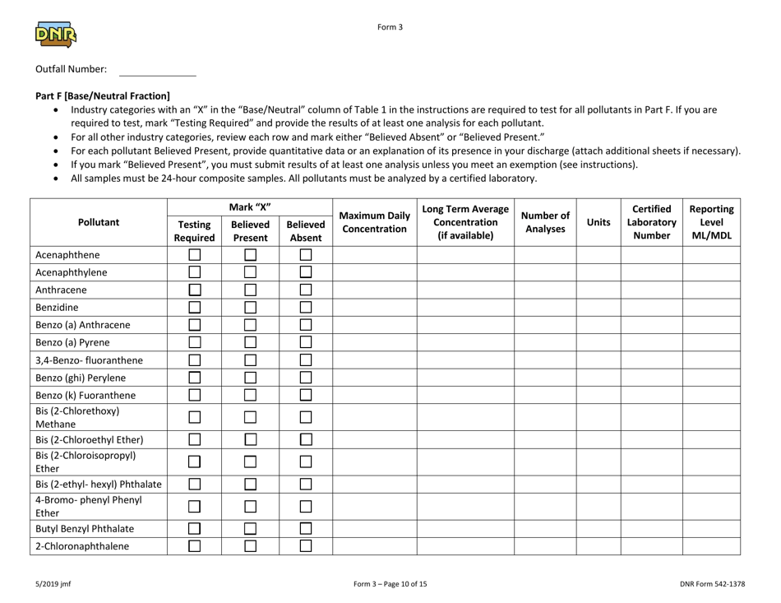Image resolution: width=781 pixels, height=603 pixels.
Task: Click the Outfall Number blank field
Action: click(x=158, y=69)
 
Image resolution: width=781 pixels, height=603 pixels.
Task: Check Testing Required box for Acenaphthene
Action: click(x=194, y=255)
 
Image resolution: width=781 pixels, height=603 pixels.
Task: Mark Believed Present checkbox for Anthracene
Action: click(x=249, y=290)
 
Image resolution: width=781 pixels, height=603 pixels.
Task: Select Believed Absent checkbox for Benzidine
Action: click(x=304, y=307)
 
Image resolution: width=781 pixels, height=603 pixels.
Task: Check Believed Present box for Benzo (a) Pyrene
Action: click(x=249, y=341)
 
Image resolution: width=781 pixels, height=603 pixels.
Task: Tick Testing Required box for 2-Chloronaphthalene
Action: click(x=194, y=545)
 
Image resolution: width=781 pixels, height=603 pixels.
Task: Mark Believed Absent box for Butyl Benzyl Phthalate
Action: click(x=304, y=528)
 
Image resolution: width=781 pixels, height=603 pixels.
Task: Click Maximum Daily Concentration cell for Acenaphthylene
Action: click(x=374, y=272)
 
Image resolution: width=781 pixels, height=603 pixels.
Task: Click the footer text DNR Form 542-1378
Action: click(x=722, y=585)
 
